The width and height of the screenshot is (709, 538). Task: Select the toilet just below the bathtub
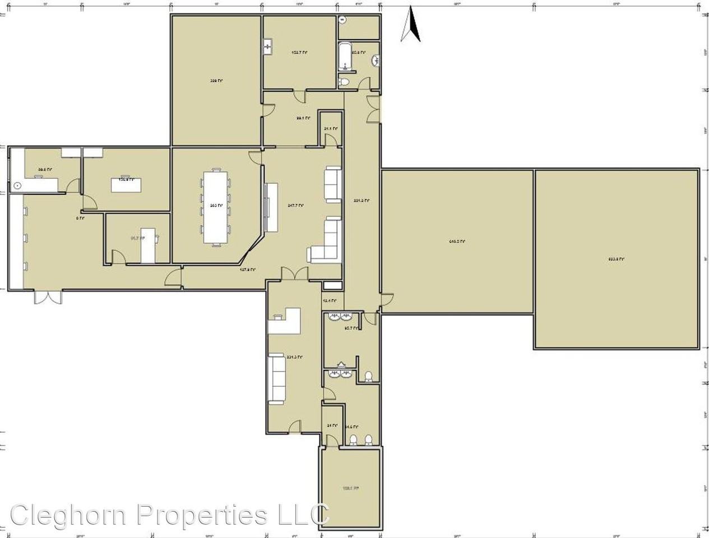(x=345, y=82)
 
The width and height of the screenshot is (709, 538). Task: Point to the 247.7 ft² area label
(x=295, y=206)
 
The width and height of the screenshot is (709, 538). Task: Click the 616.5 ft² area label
(x=456, y=242)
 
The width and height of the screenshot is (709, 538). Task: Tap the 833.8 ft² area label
(x=616, y=259)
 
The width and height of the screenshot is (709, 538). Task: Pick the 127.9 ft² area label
(x=247, y=270)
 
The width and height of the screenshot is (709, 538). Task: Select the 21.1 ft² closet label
(x=331, y=128)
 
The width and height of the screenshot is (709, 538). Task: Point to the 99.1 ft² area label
(x=303, y=118)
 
